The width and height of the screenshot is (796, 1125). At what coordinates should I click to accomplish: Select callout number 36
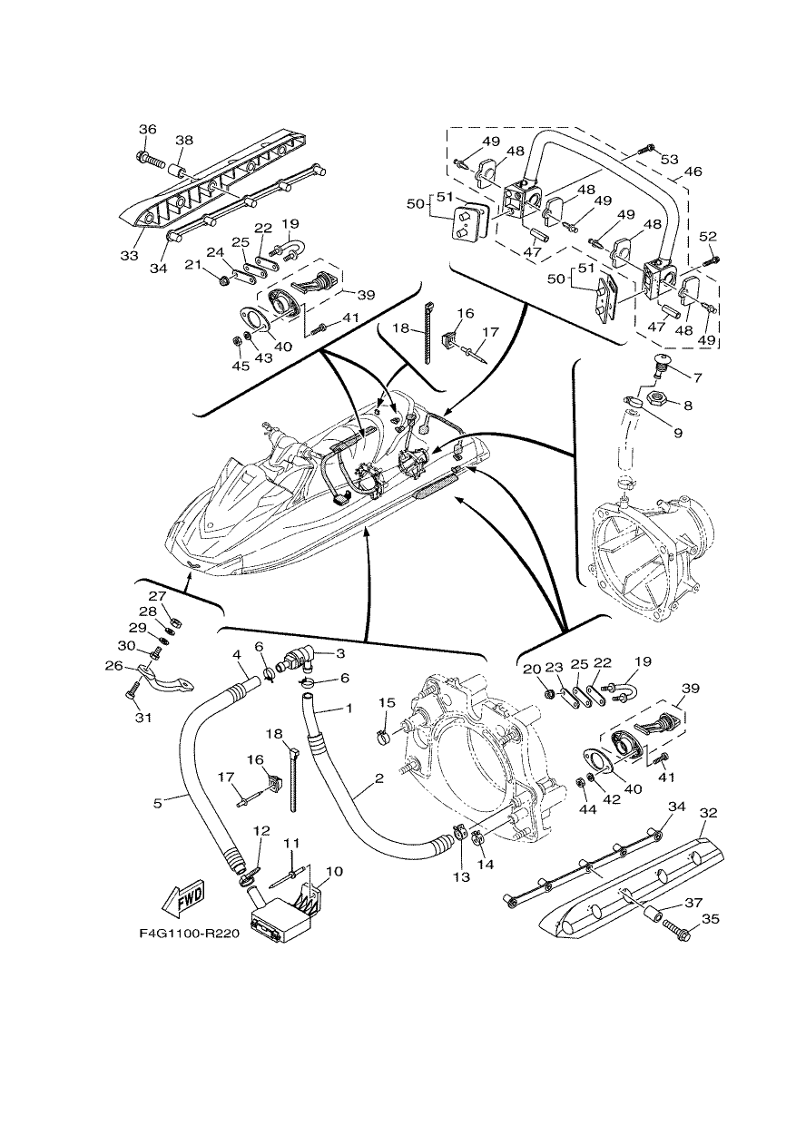coord(148,129)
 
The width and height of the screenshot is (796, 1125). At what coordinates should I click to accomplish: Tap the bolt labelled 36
coord(150,159)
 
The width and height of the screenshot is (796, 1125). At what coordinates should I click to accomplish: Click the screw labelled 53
coord(645,149)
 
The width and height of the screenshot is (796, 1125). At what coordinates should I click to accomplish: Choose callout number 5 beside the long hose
coord(158,804)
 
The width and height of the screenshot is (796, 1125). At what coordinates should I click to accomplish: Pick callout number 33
coord(129,256)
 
